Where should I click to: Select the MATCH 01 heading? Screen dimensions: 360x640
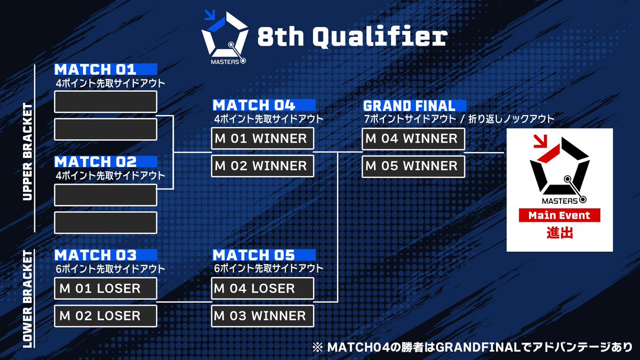(x=95, y=70)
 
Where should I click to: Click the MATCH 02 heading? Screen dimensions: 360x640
(x=95, y=162)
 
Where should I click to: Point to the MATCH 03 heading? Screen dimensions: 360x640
(x=95, y=255)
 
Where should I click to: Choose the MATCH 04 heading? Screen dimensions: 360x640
(x=254, y=105)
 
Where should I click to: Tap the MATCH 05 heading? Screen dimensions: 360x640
(x=254, y=255)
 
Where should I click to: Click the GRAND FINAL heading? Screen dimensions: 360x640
(x=410, y=106)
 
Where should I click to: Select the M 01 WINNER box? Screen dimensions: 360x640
(x=262, y=139)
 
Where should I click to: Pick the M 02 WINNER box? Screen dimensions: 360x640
(x=262, y=166)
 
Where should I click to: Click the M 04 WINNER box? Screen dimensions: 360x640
(x=413, y=139)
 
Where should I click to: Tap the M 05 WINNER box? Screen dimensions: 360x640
(x=413, y=166)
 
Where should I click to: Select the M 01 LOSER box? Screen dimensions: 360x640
(x=106, y=289)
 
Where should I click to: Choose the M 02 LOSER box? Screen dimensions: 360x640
(x=106, y=316)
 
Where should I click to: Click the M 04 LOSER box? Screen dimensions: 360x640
(x=262, y=289)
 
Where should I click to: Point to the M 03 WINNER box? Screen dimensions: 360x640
(x=262, y=316)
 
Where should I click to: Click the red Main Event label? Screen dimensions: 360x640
(x=559, y=216)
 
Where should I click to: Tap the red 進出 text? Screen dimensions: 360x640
(x=559, y=233)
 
